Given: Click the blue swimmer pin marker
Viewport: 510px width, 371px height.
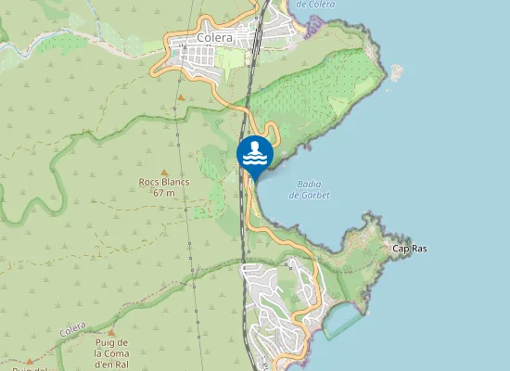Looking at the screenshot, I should (254, 154).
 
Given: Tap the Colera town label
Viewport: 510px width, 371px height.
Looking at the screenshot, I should (214, 38).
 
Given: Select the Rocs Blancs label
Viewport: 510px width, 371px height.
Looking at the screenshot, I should (164, 182).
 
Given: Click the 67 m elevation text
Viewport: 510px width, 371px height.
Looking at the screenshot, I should (164, 193).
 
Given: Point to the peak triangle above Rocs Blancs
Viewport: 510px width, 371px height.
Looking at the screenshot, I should (164, 172).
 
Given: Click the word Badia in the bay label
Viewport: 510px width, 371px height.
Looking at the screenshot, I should (310, 184).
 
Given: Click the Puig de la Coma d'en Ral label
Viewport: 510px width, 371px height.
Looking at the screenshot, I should (117, 353).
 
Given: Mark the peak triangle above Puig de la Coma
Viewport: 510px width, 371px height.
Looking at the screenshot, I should (111, 332).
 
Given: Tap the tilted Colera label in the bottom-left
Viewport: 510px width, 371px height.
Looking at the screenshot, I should (71, 331).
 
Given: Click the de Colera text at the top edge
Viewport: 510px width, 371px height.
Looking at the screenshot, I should (315, 4).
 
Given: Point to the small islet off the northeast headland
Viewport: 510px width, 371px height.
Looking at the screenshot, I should (398, 70).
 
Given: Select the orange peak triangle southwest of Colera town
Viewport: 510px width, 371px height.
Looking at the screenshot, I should (182, 96).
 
